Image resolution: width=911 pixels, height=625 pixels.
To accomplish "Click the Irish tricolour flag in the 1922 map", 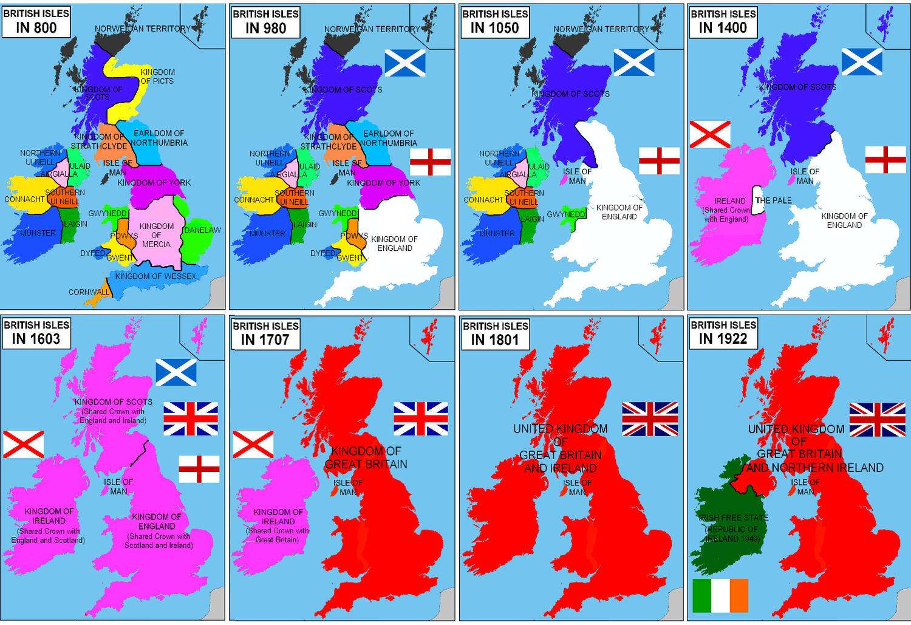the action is tap(720, 595).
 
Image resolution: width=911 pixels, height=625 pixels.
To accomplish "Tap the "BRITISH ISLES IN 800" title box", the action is tap(36, 21).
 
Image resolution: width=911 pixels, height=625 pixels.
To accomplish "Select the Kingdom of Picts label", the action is tap(157, 77).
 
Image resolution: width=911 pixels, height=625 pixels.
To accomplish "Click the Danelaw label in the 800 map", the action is tap(202, 230).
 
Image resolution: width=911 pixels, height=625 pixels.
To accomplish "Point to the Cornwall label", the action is tap(89, 292).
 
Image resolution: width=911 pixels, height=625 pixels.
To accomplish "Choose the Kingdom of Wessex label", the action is tap(155, 276).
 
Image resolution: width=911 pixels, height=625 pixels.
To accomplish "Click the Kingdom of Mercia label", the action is tap(156, 235).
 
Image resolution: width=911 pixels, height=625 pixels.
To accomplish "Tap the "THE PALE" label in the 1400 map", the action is tap(773, 200).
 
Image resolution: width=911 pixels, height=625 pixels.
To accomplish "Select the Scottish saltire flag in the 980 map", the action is tap(405, 63).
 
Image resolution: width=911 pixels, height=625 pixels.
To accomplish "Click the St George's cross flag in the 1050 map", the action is tap(659, 161).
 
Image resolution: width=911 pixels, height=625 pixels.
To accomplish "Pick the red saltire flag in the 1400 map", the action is tap(710, 134).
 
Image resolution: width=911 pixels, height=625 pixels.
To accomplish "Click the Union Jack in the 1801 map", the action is tap(650, 419).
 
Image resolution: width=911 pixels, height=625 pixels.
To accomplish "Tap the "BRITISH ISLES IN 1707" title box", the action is tap(265, 333).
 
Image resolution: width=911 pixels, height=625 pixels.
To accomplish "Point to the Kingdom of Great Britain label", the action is tap(366, 458).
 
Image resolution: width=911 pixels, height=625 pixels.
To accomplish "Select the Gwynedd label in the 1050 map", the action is tap(566, 214).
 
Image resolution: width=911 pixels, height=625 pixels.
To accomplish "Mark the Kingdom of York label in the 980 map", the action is tap(383, 183).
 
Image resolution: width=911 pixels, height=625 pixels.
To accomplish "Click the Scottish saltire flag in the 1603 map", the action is tap(176, 372).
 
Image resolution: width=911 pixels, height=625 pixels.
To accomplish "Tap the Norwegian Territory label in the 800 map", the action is tap(142, 29).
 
